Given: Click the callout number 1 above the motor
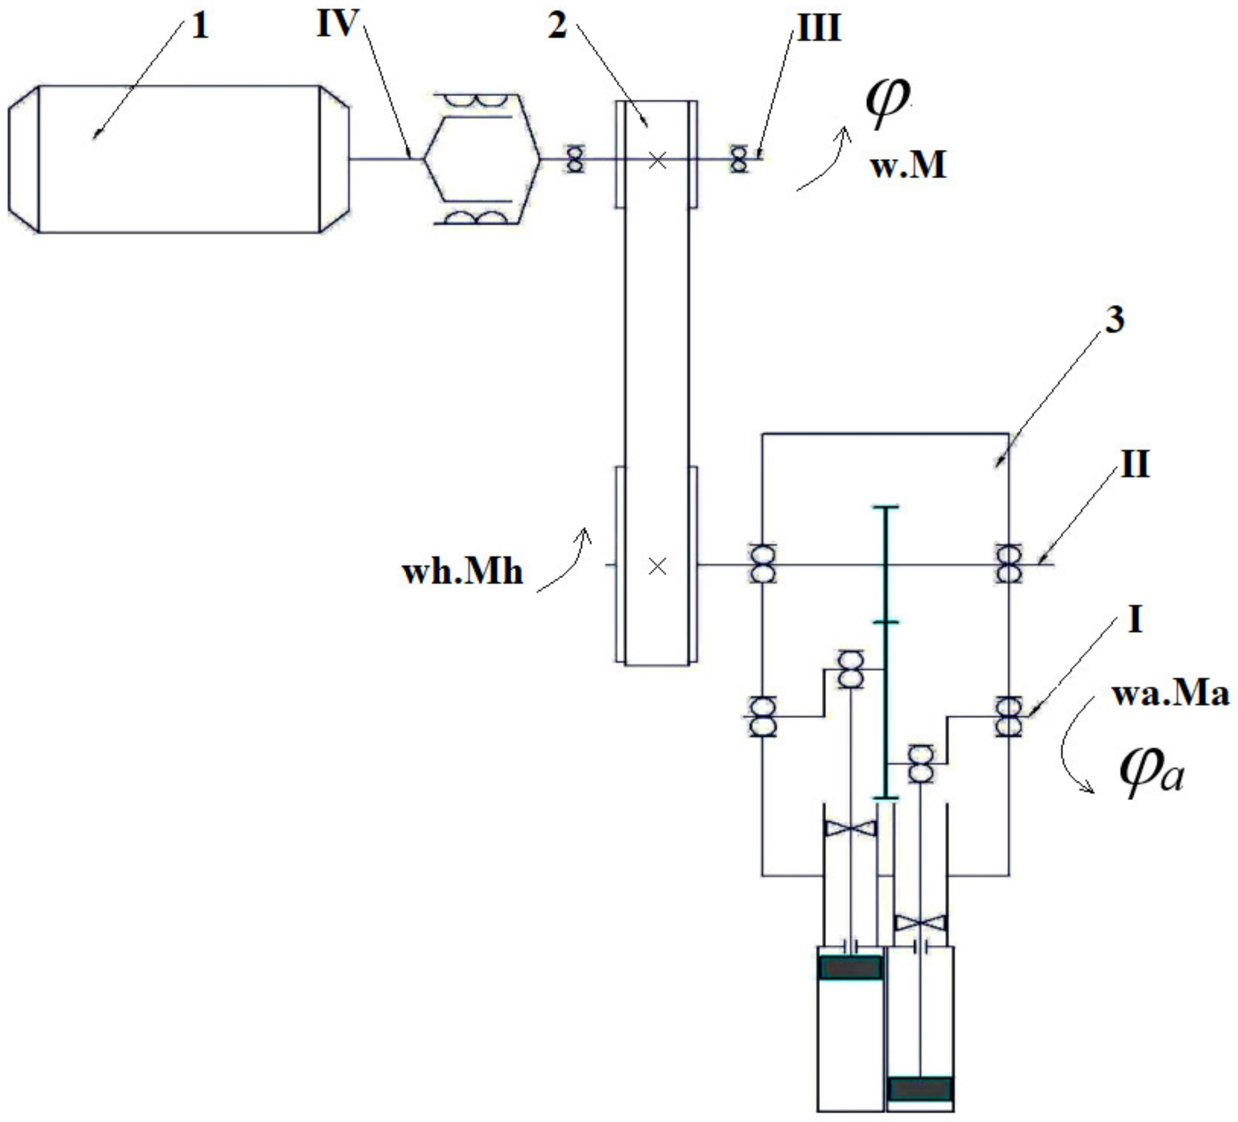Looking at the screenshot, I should pos(200,28).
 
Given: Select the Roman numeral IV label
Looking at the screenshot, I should pos(337,24).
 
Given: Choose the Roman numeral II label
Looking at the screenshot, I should pos(1135,465).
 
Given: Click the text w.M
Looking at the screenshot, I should pos(908,166).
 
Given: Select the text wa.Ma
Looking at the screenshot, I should pos(1170,694).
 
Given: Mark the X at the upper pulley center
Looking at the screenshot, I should pos(658,161).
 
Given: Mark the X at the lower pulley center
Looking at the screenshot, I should pos(658,566).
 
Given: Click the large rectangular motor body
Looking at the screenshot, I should pos(178,160).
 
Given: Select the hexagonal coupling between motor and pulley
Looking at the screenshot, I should pos(482,160).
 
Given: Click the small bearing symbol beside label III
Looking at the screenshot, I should pos(739,159).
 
